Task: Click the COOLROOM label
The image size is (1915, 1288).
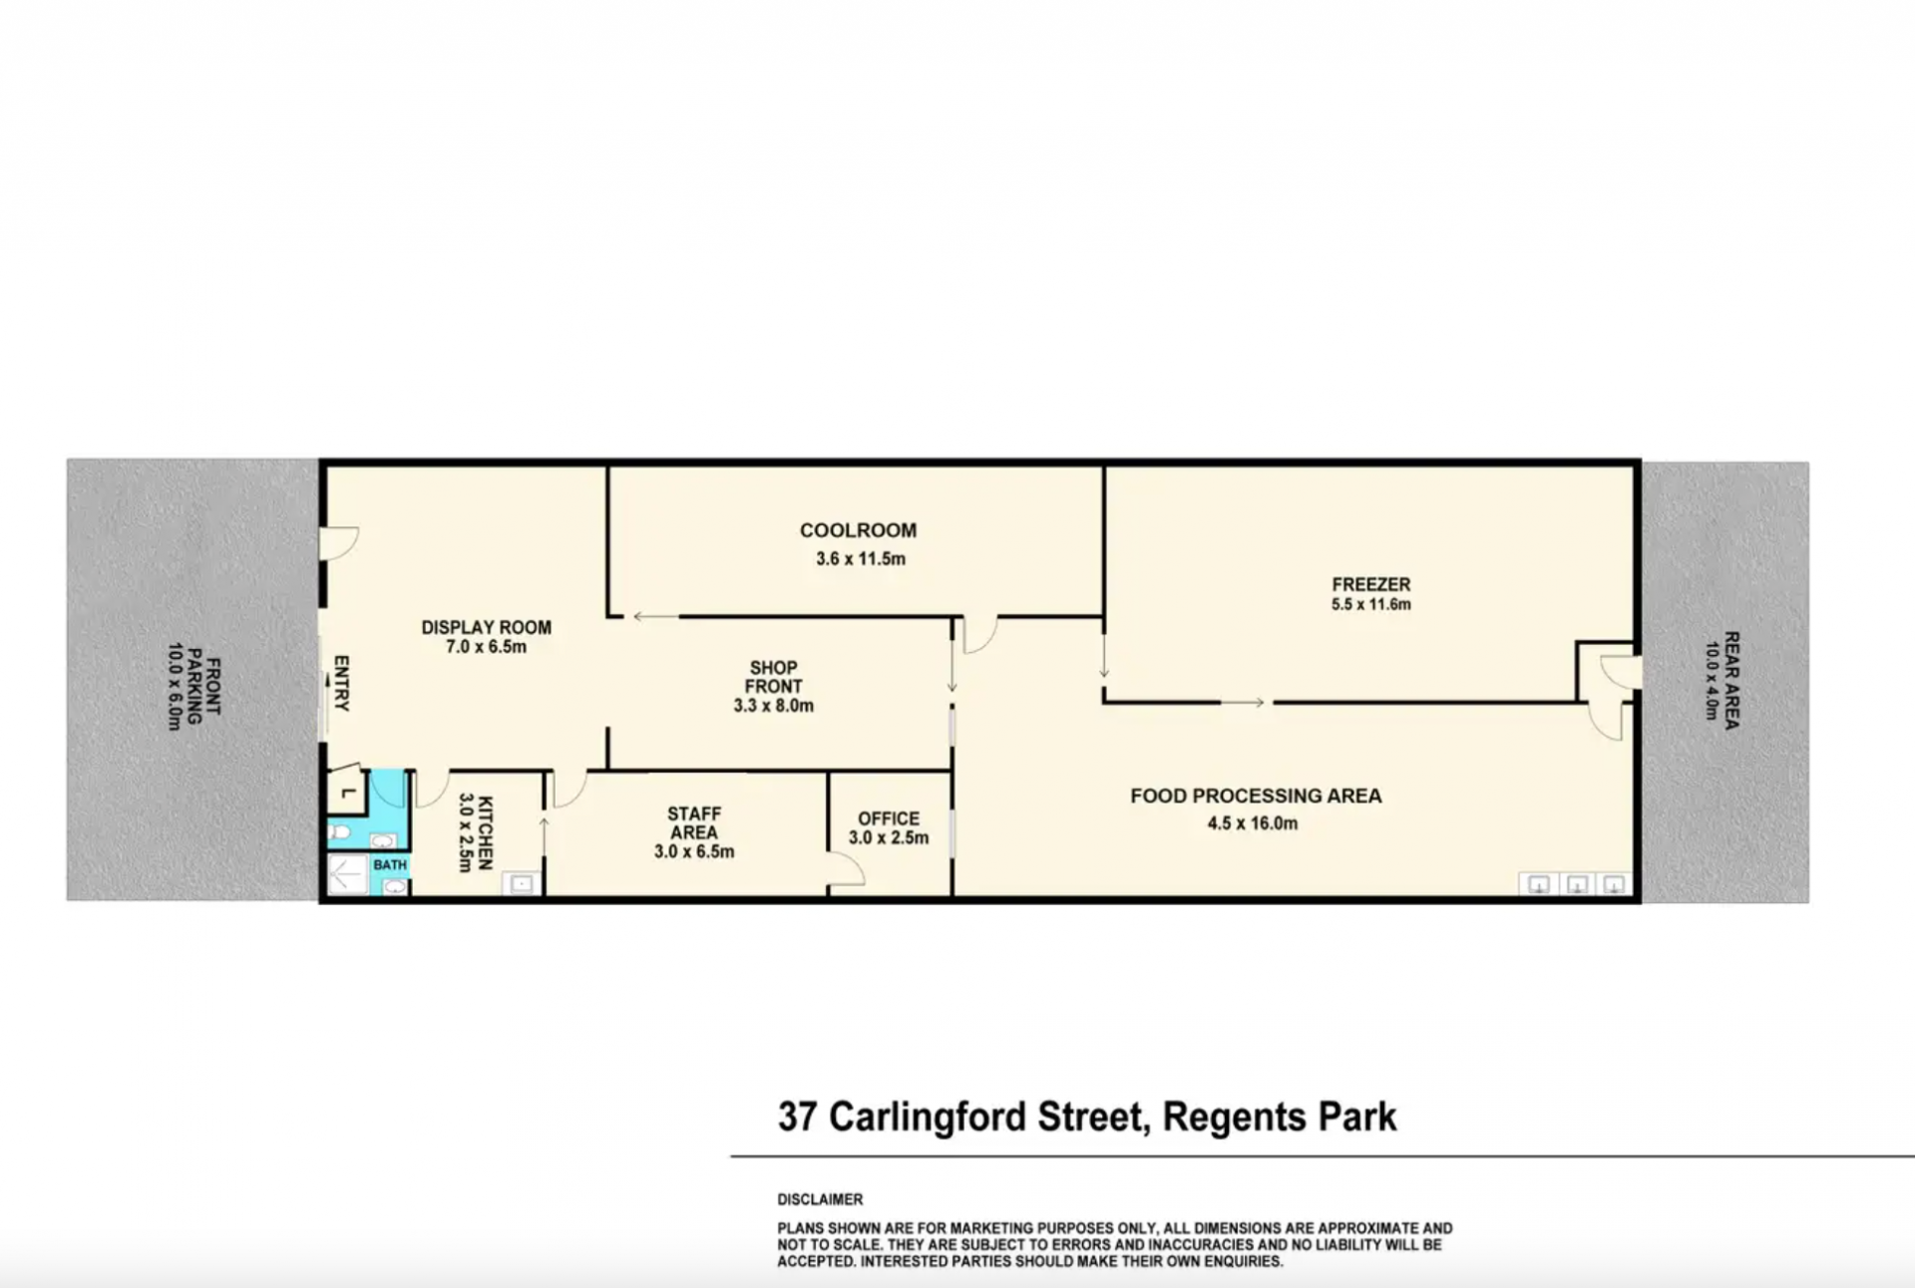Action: [858, 530]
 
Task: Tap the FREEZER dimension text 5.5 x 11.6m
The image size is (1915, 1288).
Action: [1370, 604]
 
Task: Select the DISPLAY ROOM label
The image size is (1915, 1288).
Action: [486, 627]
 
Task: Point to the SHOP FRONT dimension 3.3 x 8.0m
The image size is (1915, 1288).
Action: [773, 706]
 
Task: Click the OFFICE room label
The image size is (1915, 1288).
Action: [889, 818]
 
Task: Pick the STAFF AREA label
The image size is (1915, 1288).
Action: [694, 823]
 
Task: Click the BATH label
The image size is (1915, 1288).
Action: [390, 864]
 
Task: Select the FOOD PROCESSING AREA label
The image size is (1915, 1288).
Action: [1256, 796]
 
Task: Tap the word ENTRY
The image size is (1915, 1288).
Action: [341, 683]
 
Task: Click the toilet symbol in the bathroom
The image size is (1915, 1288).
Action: [339, 831]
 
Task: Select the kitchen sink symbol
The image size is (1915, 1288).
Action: [522, 883]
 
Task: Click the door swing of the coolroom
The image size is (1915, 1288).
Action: [981, 636]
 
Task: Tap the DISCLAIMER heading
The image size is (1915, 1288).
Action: [820, 1199]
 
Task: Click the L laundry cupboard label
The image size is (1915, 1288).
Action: [347, 793]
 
